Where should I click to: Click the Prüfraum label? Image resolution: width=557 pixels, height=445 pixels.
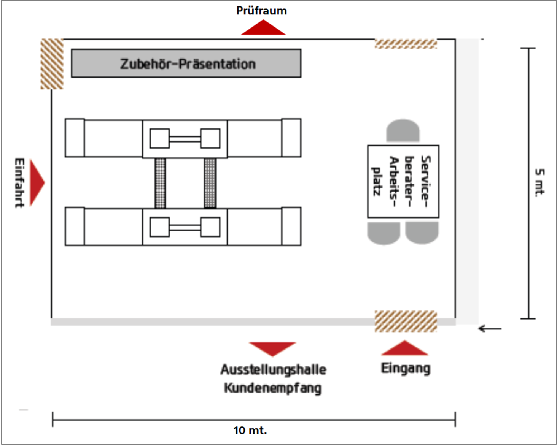(261, 11)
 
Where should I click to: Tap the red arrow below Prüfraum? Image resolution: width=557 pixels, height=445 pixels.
(263, 27)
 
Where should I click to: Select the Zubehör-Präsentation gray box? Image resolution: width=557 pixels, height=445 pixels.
(186, 63)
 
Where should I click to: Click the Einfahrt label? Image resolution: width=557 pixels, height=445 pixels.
(19, 183)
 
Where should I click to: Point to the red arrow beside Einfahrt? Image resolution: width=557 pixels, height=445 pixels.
(37, 183)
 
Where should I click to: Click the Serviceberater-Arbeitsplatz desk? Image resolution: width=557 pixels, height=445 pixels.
(403, 181)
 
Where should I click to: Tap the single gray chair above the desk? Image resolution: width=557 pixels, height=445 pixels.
(403, 130)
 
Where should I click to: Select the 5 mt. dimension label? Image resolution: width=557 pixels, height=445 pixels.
(539, 182)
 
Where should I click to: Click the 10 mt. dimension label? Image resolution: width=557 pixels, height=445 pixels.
(250, 431)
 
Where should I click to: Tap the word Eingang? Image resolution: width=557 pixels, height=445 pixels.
(406, 369)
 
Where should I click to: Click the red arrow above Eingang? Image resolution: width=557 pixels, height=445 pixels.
(404, 348)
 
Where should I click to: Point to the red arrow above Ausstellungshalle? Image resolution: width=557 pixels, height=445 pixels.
(272, 349)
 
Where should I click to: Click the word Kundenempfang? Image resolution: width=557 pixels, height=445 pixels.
(273, 388)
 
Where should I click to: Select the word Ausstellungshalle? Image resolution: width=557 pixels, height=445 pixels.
(273, 369)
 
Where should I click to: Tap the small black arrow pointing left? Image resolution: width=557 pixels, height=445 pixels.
(490, 329)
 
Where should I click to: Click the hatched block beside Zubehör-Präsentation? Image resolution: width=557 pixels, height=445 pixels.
(52, 64)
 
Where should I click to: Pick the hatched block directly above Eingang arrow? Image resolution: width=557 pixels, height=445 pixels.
(406, 321)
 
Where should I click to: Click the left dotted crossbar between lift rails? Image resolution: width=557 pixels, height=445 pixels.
(160, 183)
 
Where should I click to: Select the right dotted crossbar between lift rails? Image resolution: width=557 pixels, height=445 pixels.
(210, 183)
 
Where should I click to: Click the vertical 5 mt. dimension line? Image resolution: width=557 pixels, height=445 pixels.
(528, 183)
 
